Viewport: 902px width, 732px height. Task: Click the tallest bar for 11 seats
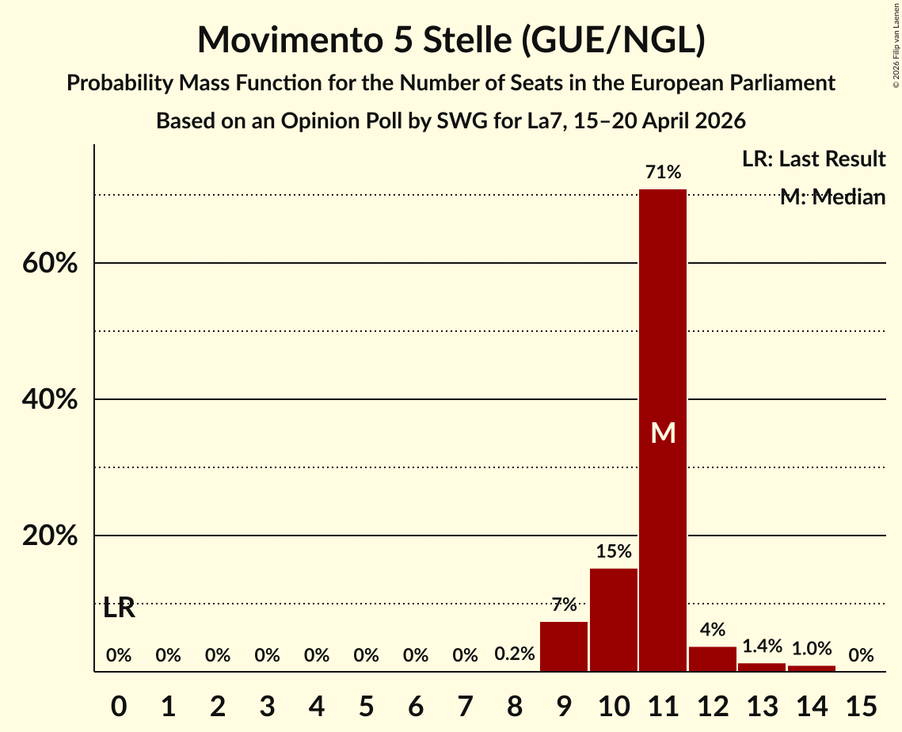click(x=663, y=430)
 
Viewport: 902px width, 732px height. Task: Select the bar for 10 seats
click(x=613, y=620)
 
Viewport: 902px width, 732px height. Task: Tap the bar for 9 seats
click(x=564, y=646)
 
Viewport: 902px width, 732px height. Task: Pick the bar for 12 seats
click(x=712, y=659)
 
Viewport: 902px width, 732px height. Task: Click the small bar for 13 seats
click(x=762, y=667)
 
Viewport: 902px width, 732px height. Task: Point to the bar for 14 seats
click(x=811, y=668)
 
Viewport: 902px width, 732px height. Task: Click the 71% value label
click(x=663, y=171)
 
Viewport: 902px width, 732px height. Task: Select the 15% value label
click(x=613, y=551)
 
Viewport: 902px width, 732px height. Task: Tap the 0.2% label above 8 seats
click(x=514, y=654)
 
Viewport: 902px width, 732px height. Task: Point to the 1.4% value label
click(x=762, y=646)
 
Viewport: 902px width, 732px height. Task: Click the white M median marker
click(x=663, y=433)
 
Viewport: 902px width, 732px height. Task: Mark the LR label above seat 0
click(x=119, y=608)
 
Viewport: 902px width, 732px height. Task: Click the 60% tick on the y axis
click(x=50, y=263)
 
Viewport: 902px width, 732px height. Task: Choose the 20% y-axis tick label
click(x=50, y=536)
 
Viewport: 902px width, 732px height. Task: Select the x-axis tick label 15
click(x=861, y=706)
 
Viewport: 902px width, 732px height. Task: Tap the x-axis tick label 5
click(x=366, y=706)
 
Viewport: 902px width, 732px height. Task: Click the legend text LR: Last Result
click(x=813, y=158)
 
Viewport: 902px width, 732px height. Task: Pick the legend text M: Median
click(x=832, y=196)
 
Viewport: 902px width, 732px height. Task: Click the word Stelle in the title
click(x=467, y=40)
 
